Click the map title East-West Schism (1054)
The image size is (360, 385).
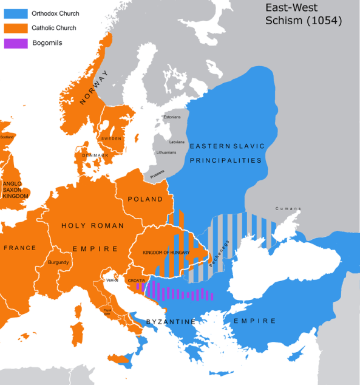[x=304, y=14]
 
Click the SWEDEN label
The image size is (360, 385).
[x=111, y=138]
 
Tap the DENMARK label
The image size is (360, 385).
[x=95, y=155]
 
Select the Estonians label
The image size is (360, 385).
[x=172, y=117]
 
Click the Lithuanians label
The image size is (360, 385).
[x=166, y=152]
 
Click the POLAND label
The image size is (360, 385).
[x=145, y=199]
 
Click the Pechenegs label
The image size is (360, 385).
[x=219, y=254]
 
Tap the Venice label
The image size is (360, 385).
[x=112, y=280]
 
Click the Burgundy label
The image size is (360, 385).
[x=58, y=262]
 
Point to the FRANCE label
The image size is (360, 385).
[x=19, y=248]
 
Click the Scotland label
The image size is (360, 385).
[x=7, y=137]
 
